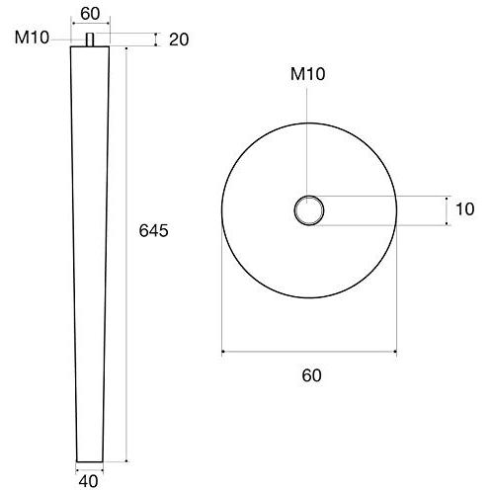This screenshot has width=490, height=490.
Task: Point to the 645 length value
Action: click(x=155, y=231)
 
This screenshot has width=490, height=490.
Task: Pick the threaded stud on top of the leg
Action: click(x=90, y=41)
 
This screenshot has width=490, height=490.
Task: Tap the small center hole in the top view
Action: click(x=309, y=209)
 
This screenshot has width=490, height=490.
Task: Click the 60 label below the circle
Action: click(x=310, y=375)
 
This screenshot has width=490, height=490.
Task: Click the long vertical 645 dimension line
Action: click(x=128, y=296)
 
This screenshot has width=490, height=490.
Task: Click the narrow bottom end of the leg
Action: click(x=90, y=458)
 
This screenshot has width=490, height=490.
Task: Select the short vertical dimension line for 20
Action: click(x=156, y=39)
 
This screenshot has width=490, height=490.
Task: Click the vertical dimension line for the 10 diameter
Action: click(x=446, y=209)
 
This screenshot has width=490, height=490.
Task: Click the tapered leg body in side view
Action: click(x=90, y=247)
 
